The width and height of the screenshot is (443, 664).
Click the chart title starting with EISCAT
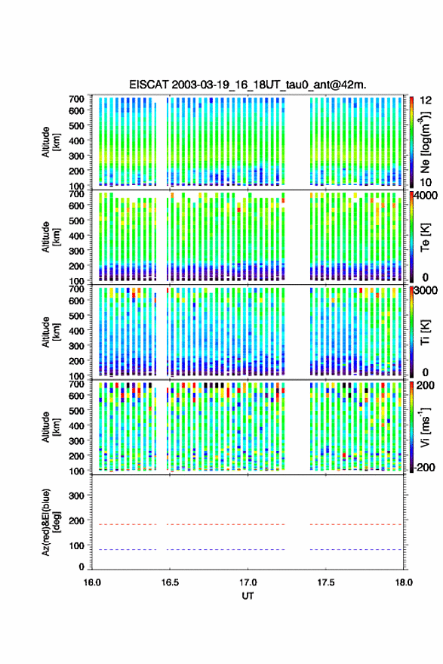[248, 85]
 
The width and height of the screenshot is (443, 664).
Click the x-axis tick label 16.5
[170, 582]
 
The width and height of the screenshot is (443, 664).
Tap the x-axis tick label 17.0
[248, 582]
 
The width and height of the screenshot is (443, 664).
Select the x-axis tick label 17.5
[325, 582]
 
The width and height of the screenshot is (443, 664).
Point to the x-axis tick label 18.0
[404, 582]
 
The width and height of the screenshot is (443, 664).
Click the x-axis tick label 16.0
[92, 582]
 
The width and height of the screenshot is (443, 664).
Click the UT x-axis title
[248, 596]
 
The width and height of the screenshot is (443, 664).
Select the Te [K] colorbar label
[425, 237]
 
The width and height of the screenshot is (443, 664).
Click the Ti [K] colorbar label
[425, 332]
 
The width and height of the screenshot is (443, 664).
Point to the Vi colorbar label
[425, 427]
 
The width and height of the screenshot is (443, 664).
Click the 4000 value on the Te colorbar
[426, 196]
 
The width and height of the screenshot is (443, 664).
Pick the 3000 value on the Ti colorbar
[426, 291]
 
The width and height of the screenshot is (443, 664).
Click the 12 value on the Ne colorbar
[426, 100]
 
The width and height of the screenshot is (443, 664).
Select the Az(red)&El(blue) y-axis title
[51, 522]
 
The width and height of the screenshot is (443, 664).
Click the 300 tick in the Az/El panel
[76, 496]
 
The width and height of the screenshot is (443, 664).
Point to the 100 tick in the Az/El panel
[76, 545]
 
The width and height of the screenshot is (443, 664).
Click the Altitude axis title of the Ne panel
[51, 142]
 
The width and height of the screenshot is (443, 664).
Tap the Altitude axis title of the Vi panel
[51, 427]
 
